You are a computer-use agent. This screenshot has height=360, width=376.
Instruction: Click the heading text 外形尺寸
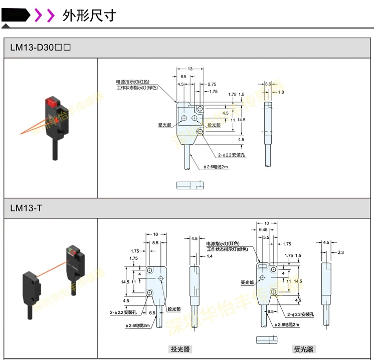pos(89,16)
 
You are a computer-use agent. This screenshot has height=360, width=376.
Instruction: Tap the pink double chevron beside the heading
pos(44,16)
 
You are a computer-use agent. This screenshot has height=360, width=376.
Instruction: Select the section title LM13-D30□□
pos(41,48)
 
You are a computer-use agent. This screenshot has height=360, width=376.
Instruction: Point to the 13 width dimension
pos(190,69)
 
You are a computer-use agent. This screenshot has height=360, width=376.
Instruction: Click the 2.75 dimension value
pos(212,84)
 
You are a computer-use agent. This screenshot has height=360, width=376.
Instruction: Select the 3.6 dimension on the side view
pos(268,84)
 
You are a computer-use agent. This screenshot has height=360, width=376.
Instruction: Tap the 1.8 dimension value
pos(281,92)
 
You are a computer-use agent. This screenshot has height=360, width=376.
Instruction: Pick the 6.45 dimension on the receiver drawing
pos(263,230)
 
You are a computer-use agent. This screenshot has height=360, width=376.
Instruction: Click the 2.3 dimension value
pos(341,252)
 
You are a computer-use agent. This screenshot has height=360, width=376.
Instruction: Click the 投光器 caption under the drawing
pos(180,349)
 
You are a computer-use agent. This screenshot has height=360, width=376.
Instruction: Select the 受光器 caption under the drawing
pos(303,349)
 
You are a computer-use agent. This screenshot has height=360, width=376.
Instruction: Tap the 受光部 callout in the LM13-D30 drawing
pos(165,125)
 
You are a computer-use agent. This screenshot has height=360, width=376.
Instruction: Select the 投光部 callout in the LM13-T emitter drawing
pos(174,309)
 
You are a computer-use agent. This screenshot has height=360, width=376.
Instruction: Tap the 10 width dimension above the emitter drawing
pos(156,234)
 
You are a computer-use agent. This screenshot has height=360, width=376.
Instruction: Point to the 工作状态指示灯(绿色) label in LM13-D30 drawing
pos(137,88)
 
